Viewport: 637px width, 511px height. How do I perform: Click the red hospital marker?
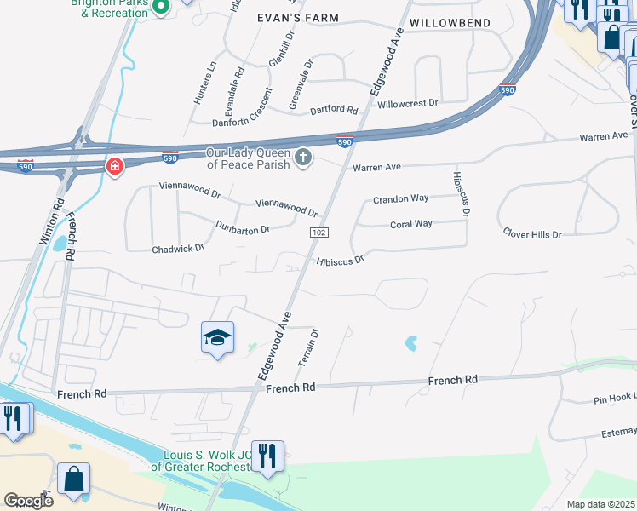coord(114,165)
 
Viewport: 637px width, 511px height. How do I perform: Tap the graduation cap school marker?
coord(217,338)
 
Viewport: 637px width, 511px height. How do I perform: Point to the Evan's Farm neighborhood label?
coord(298,18)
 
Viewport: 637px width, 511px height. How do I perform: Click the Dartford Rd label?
coord(334,109)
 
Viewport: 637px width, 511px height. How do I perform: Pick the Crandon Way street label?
coord(400,199)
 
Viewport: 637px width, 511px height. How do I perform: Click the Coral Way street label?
coord(411,224)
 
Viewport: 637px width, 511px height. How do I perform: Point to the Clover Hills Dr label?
coord(532,233)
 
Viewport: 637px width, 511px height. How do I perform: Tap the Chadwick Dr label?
coord(178,249)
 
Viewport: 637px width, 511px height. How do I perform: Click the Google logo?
coord(27,500)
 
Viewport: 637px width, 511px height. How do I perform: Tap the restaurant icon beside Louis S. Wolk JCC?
coord(268,456)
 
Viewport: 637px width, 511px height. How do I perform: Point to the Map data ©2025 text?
coord(601,504)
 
